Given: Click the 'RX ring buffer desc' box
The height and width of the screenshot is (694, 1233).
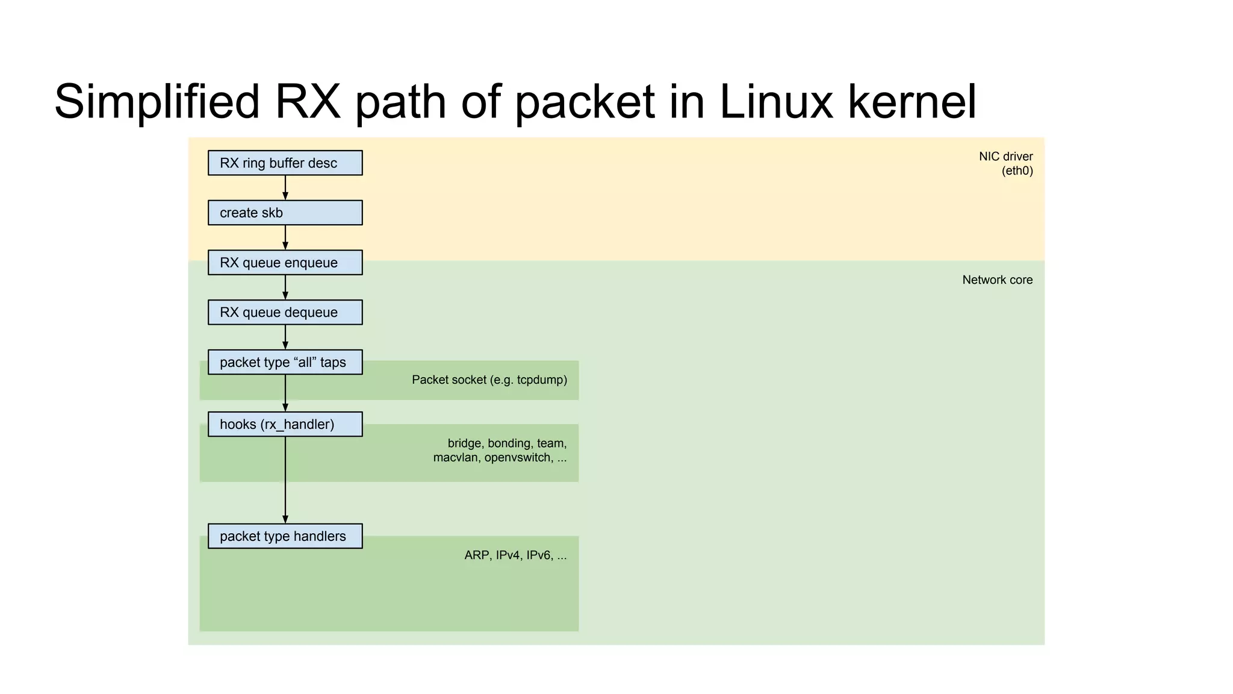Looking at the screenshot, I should pyautogui.click(x=285, y=163).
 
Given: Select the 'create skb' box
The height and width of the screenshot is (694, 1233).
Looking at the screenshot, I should pyautogui.click(x=285, y=213).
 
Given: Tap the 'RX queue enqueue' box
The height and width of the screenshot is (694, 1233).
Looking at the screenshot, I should pyautogui.click(x=285, y=263).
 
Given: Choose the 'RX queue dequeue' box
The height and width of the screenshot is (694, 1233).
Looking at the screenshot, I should pyautogui.click(x=285, y=312).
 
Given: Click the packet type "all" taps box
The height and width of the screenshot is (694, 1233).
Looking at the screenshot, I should pyautogui.click(x=285, y=362).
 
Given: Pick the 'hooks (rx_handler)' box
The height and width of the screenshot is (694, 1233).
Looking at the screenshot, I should pyautogui.click(x=285, y=424).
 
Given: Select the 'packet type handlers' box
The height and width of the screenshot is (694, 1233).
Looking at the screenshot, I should pyautogui.click(x=285, y=536).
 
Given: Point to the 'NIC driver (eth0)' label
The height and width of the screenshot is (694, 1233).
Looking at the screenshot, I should pyautogui.click(x=1005, y=163).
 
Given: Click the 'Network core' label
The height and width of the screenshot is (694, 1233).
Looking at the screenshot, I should pyautogui.click(x=997, y=280).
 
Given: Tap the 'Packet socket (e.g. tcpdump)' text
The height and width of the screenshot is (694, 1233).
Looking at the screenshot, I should pyautogui.click(x=489, y=380).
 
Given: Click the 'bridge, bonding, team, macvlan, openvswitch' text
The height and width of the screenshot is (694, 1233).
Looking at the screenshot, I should pyautogui.click(x=500, y=450).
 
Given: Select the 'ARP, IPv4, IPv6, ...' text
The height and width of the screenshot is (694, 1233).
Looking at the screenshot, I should pyautogui.click(x=515, y=555).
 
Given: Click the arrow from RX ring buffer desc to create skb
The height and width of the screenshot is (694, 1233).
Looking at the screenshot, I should pyautogui.click(x=285, y=187).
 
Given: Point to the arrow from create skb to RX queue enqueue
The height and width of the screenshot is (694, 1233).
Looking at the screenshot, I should pyautogui.click(x=285, y=237).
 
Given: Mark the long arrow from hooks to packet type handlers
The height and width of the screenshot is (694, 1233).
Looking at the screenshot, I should pyautogui.click(x=285, y=480).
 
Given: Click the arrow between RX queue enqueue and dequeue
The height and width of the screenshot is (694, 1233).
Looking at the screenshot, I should pyautogui.click(x=285, y=287).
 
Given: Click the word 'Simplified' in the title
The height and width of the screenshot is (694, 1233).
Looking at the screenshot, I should pyautogui.click(x=157, y=102).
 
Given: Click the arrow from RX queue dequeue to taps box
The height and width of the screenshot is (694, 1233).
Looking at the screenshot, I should pyautogui.click(x=285, y=337).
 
